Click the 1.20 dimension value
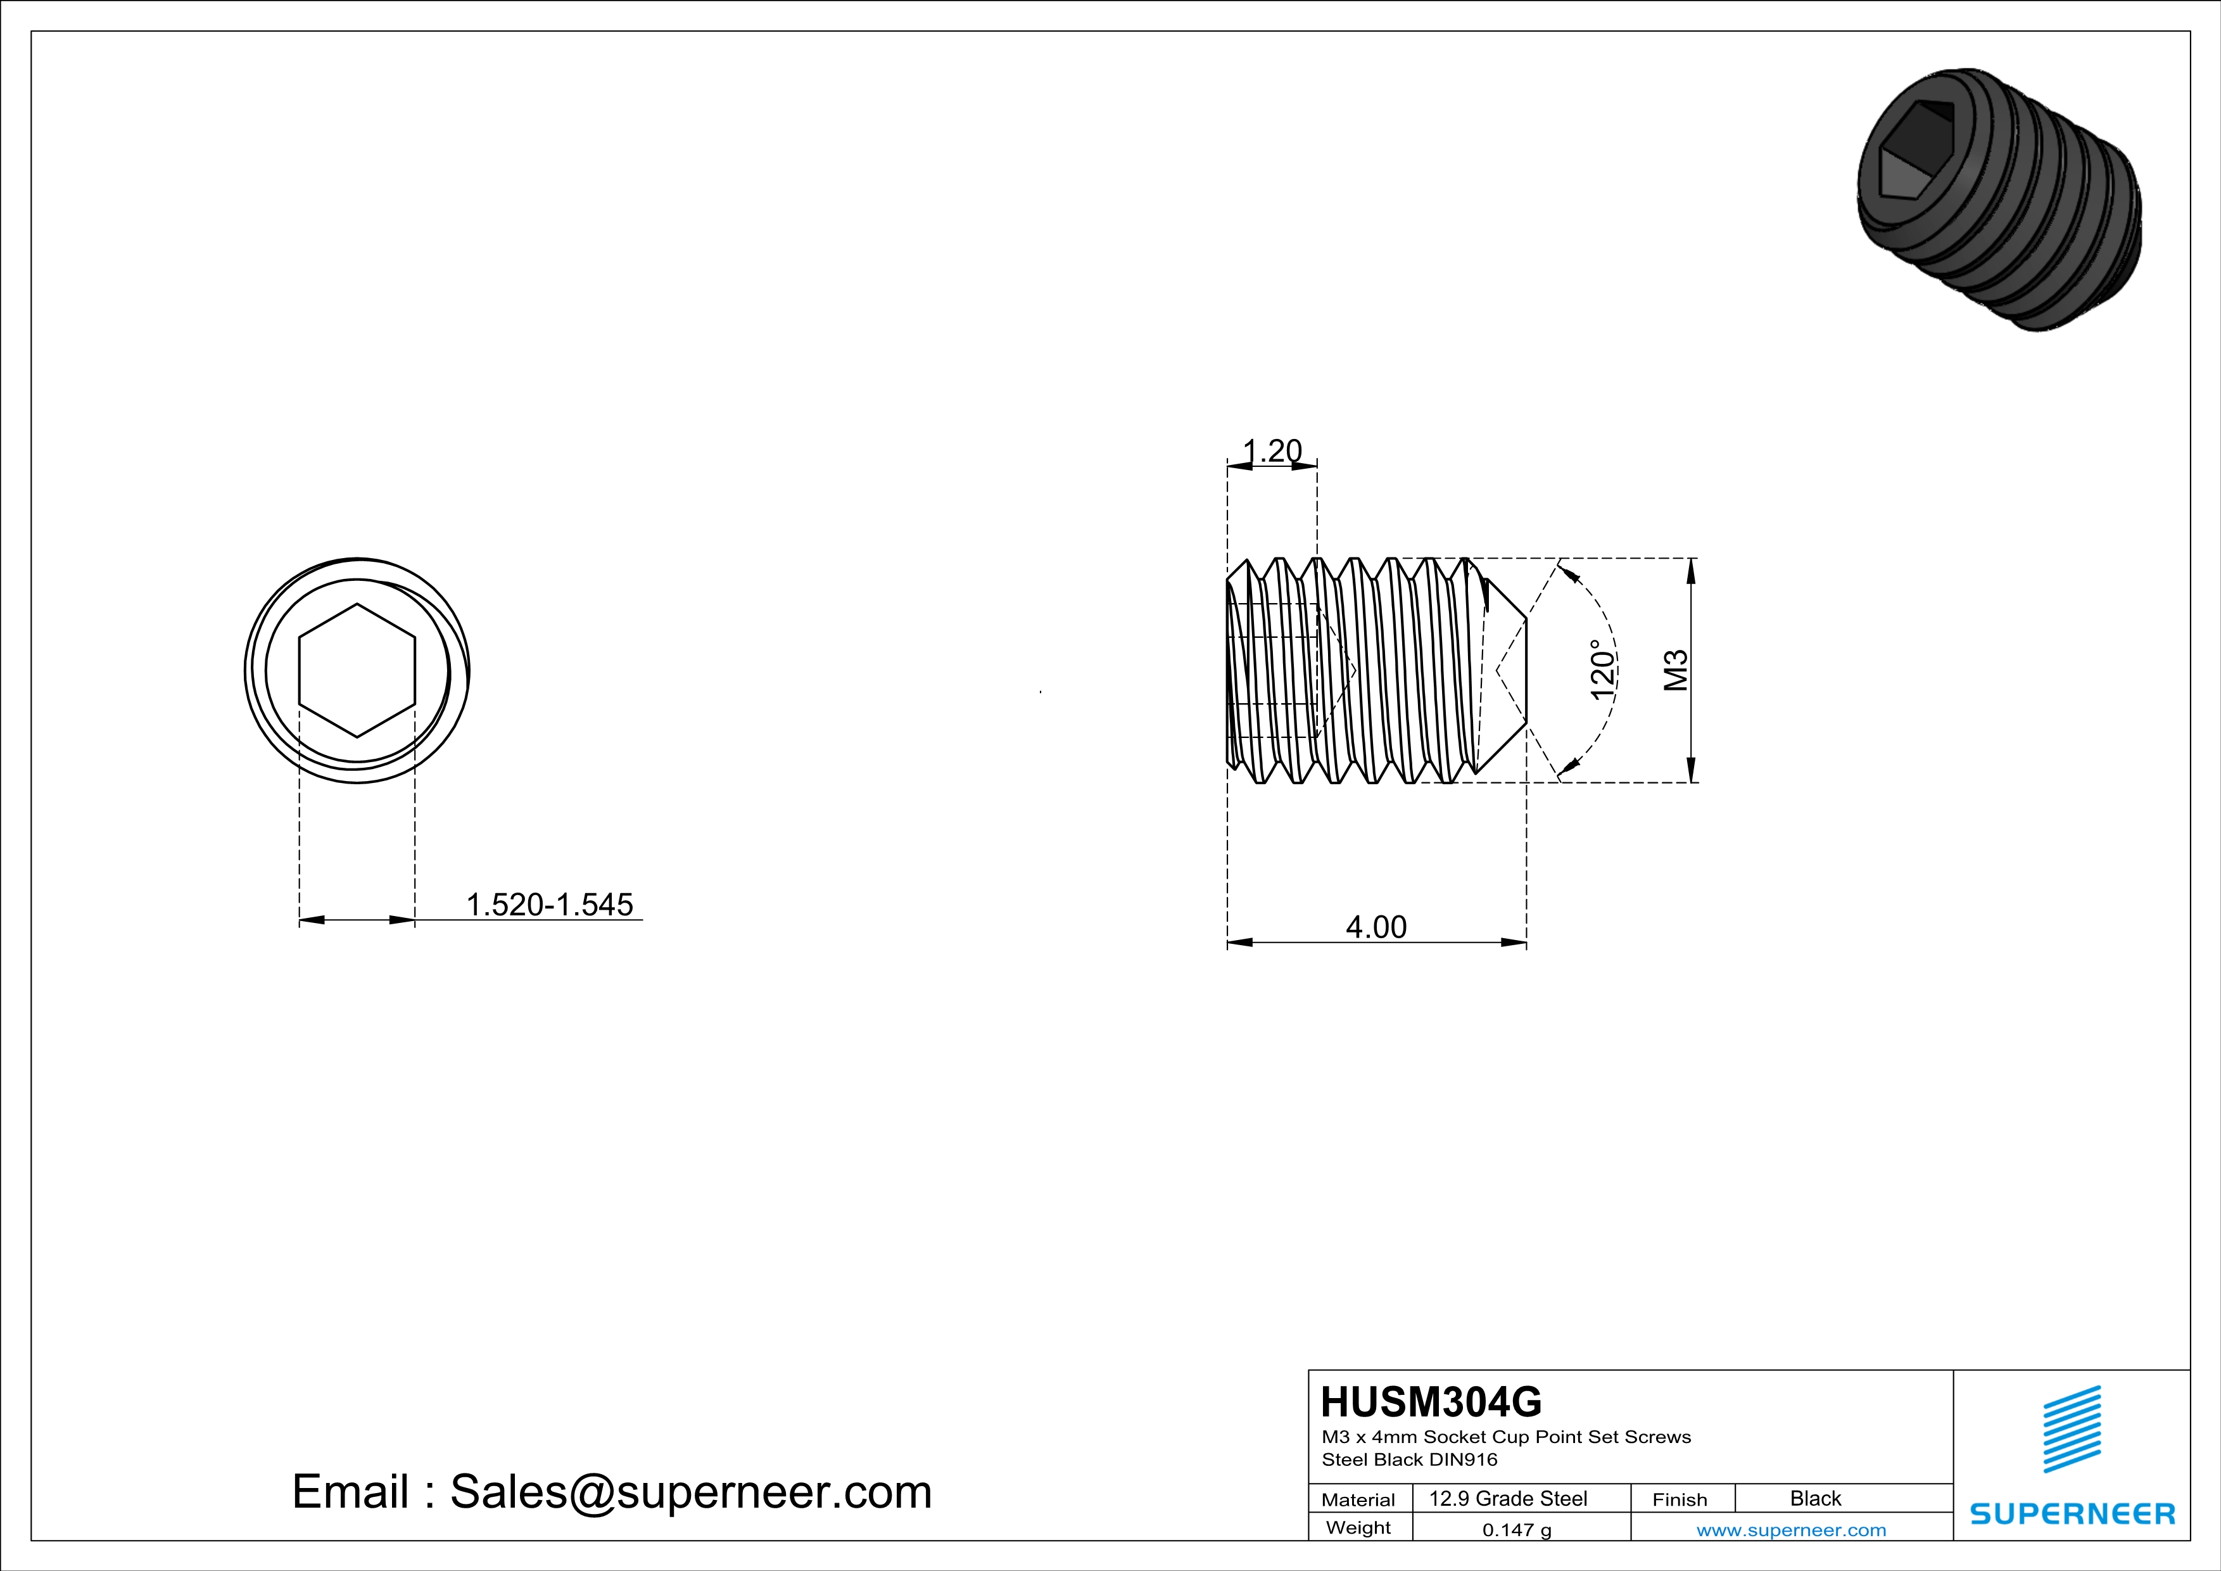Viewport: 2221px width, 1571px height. click(x=1272, y=451)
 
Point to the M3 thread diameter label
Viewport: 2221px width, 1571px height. click(x=1676, y=670)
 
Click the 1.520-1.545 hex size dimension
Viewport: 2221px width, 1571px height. click(x=550, y=905)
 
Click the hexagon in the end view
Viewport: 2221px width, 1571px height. click(x=357, y=670)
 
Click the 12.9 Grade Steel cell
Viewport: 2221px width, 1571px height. click(x=1508, y=1498)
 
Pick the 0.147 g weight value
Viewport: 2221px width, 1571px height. click(x=1517, y=1529)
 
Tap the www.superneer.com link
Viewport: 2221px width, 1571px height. click(x=1790, y=1529)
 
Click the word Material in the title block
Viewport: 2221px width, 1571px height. click(x=1358, y=1499)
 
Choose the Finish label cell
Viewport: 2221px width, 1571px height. click(x=1680, y=1499)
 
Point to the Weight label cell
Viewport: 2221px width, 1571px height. click(x=1358, y=1527)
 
